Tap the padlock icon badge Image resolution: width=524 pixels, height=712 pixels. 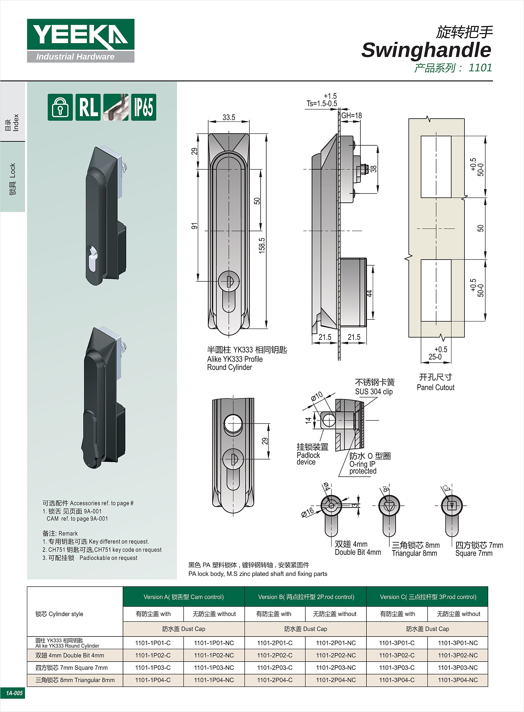pyautogui.click(x=60, y=107)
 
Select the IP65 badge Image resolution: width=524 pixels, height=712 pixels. pyautogui.click(x=144, y=107)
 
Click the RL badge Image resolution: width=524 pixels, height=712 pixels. pyautogui.click(x=88, y=107)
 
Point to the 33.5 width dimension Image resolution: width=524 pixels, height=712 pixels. pyautogui.click(x=229, y=117)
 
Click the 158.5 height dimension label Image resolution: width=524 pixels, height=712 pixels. pyautogui.click(x=262, y=245)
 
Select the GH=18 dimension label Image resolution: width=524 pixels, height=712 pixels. pyautogui.click(x=352, y=115)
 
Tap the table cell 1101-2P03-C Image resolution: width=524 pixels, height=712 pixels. pyautogui.click(x=275, y=667)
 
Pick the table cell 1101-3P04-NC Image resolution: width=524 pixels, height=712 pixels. pyautogui.click(x=458, y=680)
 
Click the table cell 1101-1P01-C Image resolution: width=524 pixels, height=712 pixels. pyautogui.click(x=153, y=643)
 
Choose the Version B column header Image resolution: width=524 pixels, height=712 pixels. pyautogui.click(x=306, y=597)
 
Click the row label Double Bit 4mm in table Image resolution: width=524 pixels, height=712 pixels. pyautogui.click(x=70, y=655)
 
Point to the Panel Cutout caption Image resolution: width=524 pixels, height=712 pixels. pyautogui.click(x=436, y=387)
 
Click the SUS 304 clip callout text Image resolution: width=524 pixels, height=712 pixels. pyautogui.click(x=374, y=392)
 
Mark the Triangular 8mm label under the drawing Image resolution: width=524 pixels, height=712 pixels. pyautogui.click(x=414, y=553)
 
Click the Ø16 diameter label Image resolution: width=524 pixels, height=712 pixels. pyautogui.click(x=307, y=512)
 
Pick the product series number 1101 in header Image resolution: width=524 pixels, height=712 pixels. pyautogui.click(x=480, y=68)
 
